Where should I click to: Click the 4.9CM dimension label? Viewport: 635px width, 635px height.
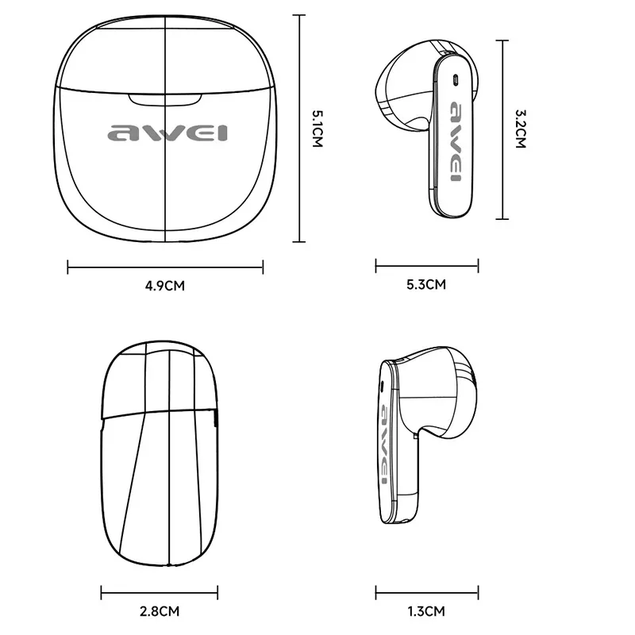click(x=165, y=286)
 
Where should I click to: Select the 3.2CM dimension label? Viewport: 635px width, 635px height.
click(x=521, y=129)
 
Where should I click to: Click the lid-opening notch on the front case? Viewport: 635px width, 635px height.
click(x=164, y=98)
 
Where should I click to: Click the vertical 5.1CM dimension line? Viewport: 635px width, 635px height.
click(x=299, y=127)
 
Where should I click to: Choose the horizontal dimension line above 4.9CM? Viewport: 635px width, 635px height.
click(x=165, y=267)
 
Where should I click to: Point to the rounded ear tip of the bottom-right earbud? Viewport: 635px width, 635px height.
click(x=444, y=389)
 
